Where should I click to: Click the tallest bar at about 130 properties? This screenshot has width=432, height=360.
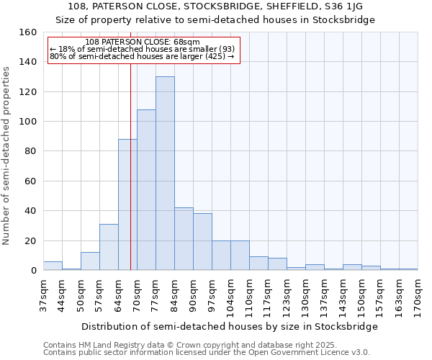[x=165, y=174]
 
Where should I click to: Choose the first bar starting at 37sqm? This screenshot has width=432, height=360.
[x=53, y=266]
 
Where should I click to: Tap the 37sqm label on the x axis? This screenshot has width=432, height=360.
[x=43, y=295]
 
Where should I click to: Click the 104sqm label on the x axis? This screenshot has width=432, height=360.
[x=230, y=295]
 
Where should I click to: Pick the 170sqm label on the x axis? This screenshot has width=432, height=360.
[x=418, y=295]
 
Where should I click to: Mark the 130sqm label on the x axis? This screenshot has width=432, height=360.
[x=305, y=295]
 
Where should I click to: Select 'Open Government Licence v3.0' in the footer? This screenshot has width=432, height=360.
[x=310, y=352]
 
